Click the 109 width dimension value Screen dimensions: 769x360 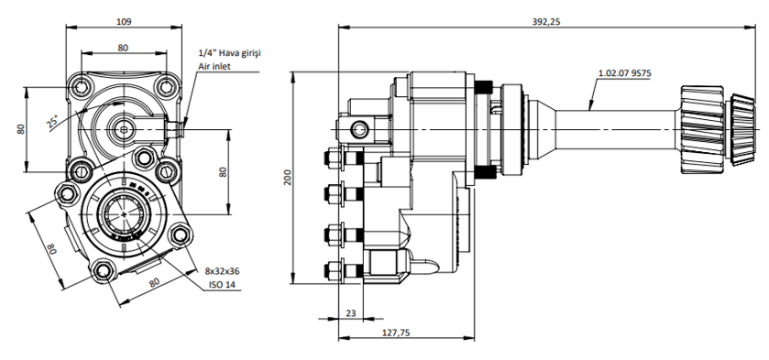tap(124, 22)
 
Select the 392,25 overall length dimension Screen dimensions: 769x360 tap(546, 22)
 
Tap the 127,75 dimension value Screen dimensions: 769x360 tap(396, 333)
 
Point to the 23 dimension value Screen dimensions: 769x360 tap(351, 313)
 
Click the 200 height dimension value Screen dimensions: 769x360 tap(288, 177)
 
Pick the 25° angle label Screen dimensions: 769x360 tap(53, 121)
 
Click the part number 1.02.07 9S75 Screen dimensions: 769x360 tap(625, 73)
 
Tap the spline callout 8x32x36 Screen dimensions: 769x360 tap(222, 271)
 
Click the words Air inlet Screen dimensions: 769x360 tap(214, 66)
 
